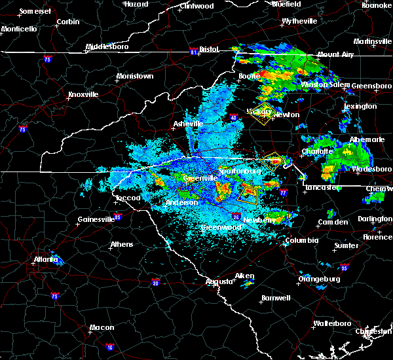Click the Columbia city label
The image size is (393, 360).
click(x=301, y=240)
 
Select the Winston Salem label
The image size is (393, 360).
click(x=322, y=85)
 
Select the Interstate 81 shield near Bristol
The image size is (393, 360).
click(x=193, y=50)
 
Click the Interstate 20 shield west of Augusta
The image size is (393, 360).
click(x=155, y=282)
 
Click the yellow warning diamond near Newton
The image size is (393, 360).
click(x=264, y=113)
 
